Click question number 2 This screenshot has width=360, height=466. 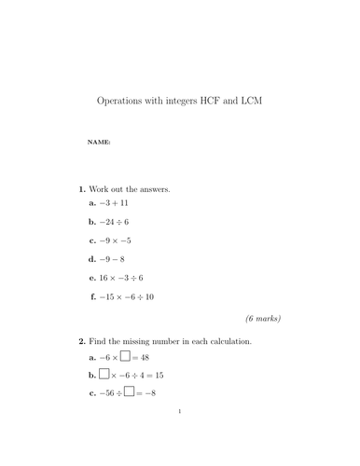tap(82, 342)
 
